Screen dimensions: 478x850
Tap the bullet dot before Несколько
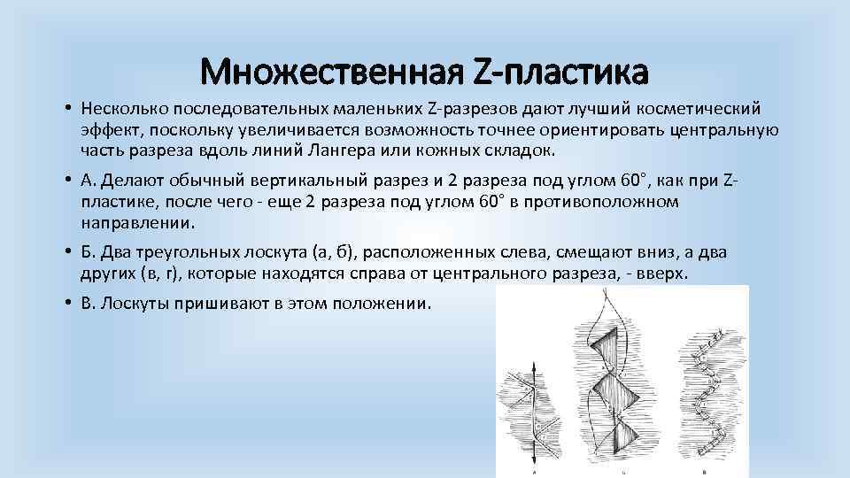click(x=66, y=109)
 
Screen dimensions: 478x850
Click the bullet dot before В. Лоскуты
click(x=66, y=304)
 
